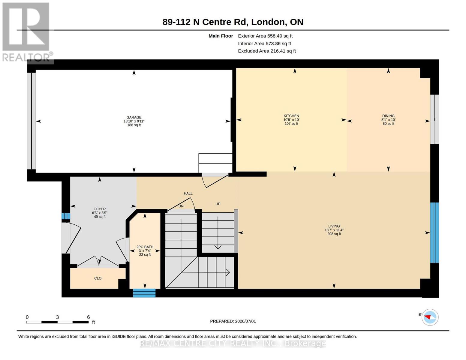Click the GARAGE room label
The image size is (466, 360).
pyautogui.click(x=134, y=117)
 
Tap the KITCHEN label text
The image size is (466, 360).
pyautogui.click(x=291, y=116)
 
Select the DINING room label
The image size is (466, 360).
pyautogui.click(x=388, y=116)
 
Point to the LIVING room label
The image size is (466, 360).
pyautogui.click(x=334, y=226)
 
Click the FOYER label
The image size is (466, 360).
pyautogui.click(x=100, y=209)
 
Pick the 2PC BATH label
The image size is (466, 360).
pyautogui.click(x=145, y=247)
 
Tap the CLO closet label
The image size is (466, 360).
pyautogui.click(x=98, y=278)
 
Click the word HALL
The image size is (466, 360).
pyautogui.click(x=188, y=193)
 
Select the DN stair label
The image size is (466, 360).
pyautogui.click(x=181, y=206)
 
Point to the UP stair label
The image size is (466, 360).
pyautogui.click(x=218, y=204)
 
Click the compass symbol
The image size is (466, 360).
pyautogui.click(x=430, y=317)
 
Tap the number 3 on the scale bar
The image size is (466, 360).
pyautogui.click(x=57, y=317)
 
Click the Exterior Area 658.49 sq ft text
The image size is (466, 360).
pyautogui.click(x=265, y=36)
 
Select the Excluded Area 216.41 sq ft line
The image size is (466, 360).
pyautogui.click(x=267, y=51)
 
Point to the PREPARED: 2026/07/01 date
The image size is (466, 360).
pyautogui.click(x=233, y=321)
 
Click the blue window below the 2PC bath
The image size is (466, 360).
pyautogui.click(x=144, y=293)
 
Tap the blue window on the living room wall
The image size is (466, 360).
pyautogui.click(x=434, y=232)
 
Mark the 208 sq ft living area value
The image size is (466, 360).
pyautogui.click(x=334, y=234)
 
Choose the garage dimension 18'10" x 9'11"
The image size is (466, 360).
pyautogui.click(x=134, y=121)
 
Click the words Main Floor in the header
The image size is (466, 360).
pyautogui.click(x=221, y=36)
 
